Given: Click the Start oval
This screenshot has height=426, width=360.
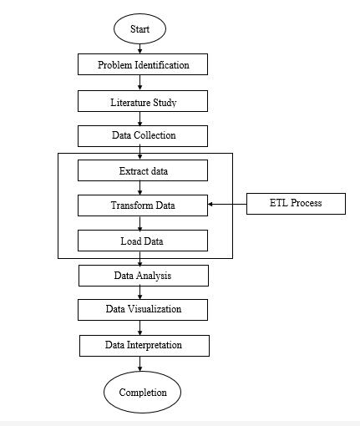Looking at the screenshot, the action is pyautogui.click(x=139, y=28).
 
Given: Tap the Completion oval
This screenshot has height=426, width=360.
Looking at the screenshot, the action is pyautogui.click(x=142, y=392).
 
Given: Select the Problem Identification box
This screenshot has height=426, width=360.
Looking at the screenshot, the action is pyautogui.click(x=143, y=64).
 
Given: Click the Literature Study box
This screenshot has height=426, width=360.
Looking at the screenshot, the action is pyautogui.click(x=143, y=101).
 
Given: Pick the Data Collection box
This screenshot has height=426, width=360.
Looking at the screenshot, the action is pyautogui.click(x=143, y=136).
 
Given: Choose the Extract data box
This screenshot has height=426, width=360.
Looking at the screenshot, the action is pyautogui.click(x=143, y=170).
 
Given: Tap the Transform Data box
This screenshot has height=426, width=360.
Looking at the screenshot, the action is pyautogui.click(x=143, y=205).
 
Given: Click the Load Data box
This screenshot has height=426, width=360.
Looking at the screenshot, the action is pyautogui.click(x=143, y=241).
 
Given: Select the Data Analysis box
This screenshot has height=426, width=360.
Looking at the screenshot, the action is pyautogui.click(x=144, y=276).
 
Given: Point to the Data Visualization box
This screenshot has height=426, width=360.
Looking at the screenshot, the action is pyautogui.click(x=143, y=310).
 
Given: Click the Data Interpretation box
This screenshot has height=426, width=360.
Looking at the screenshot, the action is pyautogui.click(x=145, y=346).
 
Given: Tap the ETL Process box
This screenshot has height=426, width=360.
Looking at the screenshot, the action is pyautogui.click(x=296, y=204).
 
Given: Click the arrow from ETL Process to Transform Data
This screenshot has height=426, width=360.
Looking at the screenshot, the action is pyautogui.click(x=227, y=204).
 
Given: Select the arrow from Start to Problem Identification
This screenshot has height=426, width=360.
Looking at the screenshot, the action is pyautogui.click(x=139, y=48).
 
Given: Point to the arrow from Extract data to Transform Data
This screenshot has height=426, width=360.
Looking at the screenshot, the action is pyautogui.click(x=139, y=188).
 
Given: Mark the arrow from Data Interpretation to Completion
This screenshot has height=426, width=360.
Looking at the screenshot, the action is pyautogui.click(x=139, y=364).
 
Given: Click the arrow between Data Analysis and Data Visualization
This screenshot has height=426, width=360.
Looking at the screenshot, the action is pyautogui.click(x=139, y=292).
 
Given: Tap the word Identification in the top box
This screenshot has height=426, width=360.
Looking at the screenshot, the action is pyautogui.click(x=162, y=65).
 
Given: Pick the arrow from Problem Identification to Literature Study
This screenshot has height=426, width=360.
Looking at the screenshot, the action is pyautogui.click(x=139, y=83).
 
